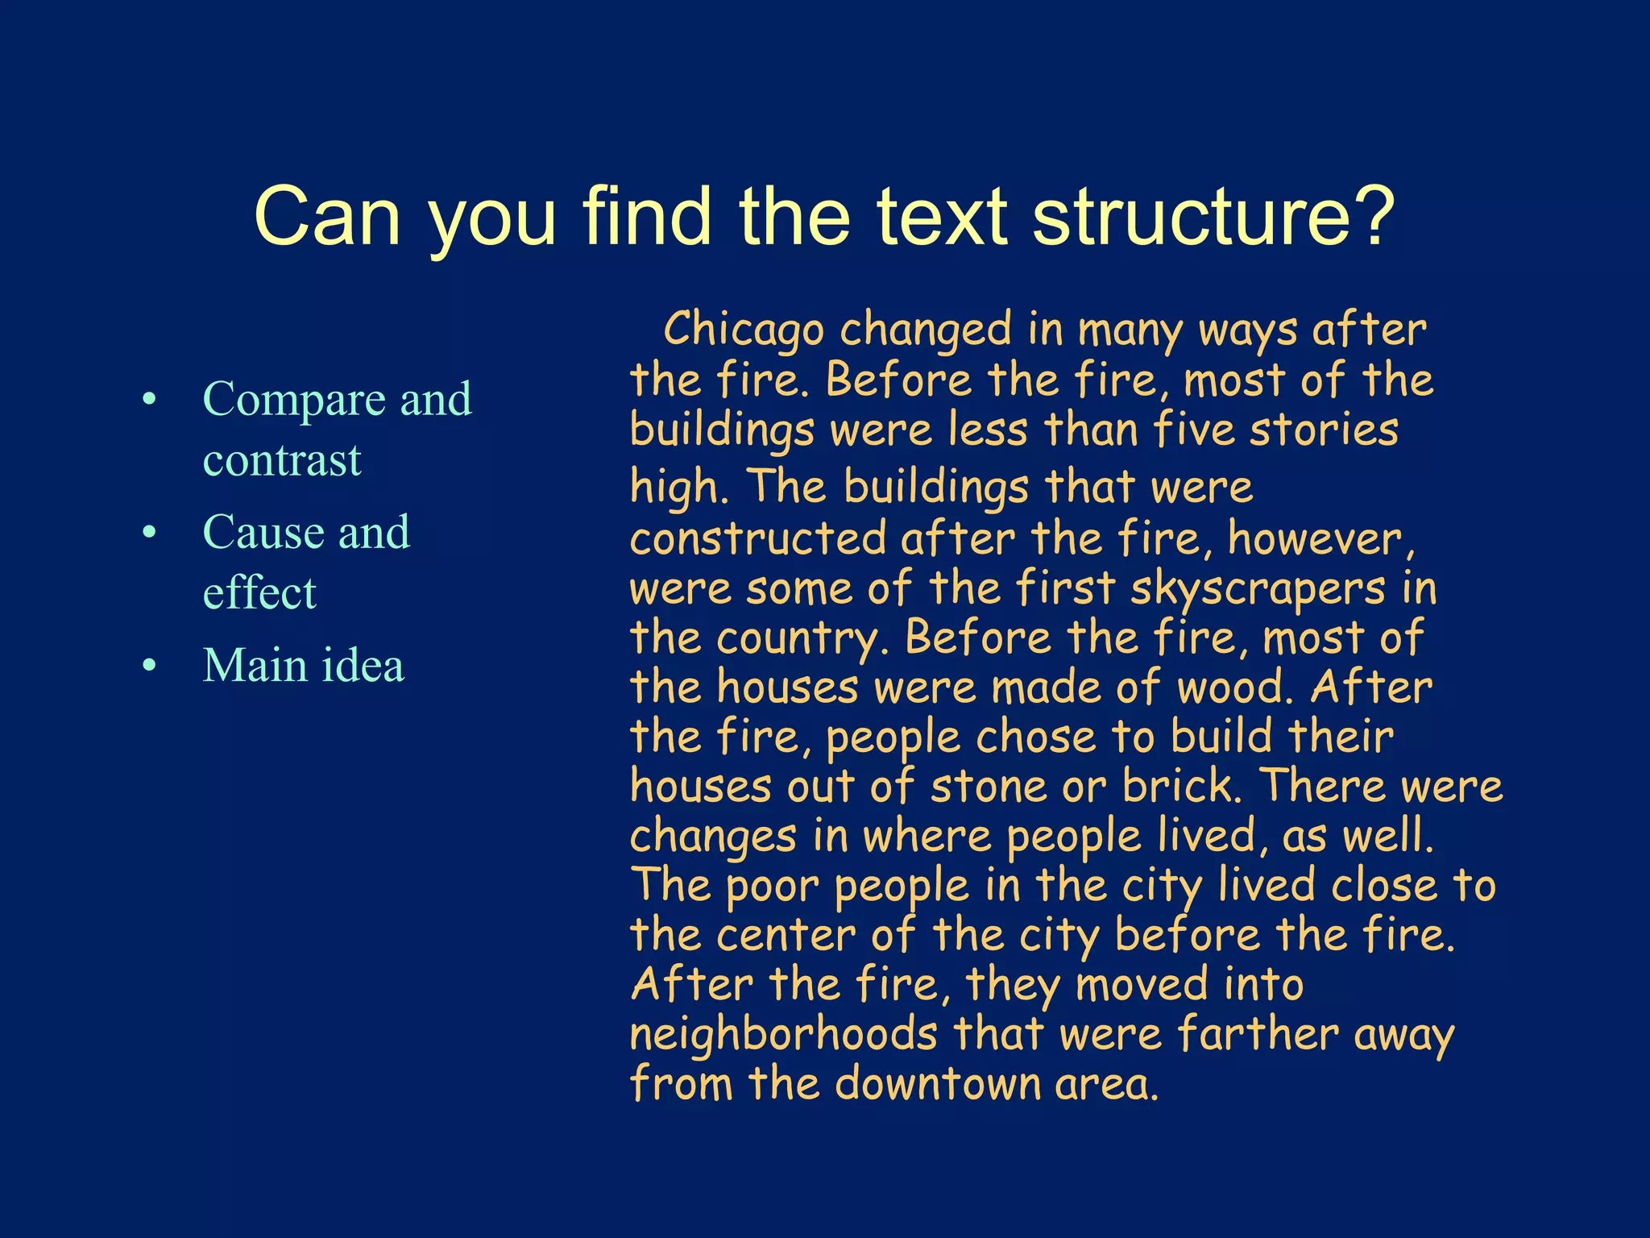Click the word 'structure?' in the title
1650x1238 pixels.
[1213, 216]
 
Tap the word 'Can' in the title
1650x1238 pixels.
[327, 216]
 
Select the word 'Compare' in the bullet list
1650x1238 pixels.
[295, 399]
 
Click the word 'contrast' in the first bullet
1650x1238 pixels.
[282, 459]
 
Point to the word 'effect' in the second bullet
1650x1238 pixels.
[259, 592]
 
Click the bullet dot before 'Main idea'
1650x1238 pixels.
[149, 666]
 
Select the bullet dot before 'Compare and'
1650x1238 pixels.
[149, 399]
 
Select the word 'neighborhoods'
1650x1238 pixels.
[784, 1034]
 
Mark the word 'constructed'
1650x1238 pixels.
[758, 538]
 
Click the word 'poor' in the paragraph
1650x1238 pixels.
[772, 886]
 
